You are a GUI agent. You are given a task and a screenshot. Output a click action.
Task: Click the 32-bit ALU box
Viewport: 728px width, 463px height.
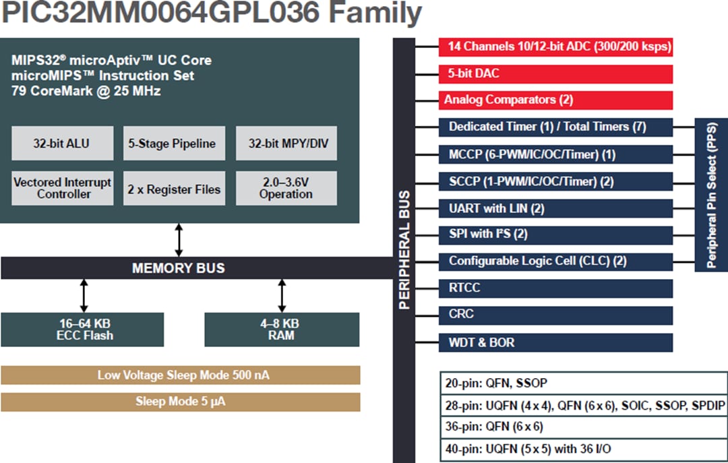(61, 143)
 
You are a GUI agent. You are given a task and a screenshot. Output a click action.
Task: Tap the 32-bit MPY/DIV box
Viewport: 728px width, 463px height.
(286, 143)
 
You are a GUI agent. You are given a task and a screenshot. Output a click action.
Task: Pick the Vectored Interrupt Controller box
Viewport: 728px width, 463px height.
(61, 188)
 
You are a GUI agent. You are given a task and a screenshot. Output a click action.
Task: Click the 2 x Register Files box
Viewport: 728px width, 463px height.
(173, 189)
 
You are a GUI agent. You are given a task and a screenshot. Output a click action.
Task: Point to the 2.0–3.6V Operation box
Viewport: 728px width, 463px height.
(286, 188)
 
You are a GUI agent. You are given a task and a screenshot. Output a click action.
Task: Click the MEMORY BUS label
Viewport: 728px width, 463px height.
(178, 268)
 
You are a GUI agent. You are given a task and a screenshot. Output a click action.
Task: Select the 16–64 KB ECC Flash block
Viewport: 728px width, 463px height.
(82, 330)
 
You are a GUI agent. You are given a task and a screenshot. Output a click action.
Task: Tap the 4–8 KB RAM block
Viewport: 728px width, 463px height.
(282, 330)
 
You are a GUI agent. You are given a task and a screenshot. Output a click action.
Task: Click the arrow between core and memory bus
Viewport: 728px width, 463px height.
(179, 239)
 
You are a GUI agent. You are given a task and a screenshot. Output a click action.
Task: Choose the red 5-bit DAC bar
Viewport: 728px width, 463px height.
(555, 73)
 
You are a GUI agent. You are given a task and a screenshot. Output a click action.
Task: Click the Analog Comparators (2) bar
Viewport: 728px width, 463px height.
(555, 100)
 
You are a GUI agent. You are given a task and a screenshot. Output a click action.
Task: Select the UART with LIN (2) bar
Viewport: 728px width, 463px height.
(555, 208)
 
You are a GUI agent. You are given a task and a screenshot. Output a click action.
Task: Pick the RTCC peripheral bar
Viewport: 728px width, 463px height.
(555, 288)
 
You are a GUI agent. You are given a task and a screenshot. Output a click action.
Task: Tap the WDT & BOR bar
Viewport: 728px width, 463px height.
(555, 342)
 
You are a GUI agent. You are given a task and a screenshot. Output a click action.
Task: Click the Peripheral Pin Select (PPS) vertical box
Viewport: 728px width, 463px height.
(711, 195)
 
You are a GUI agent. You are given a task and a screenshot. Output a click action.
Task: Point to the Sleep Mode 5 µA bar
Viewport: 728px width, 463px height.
(180, 402)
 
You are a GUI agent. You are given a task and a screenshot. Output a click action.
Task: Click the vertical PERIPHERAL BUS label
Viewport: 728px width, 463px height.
(404, 249)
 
